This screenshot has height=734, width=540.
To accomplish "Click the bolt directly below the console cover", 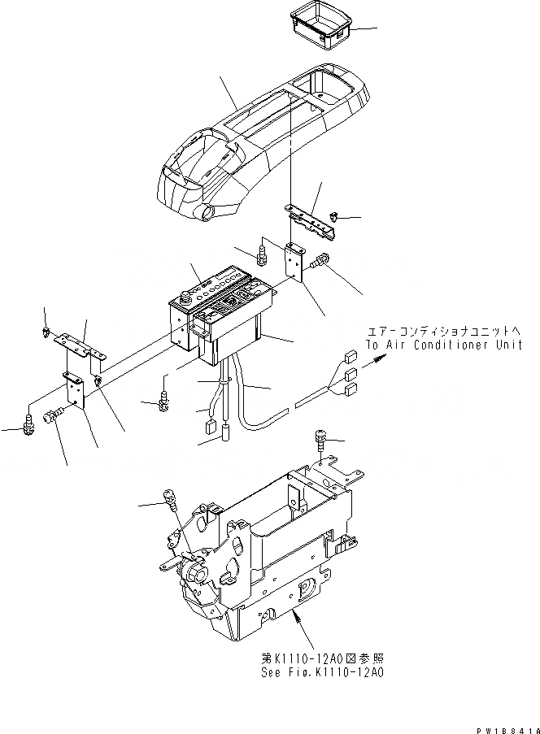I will [262, 254].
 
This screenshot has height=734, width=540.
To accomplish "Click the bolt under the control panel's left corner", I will [165, 398].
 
